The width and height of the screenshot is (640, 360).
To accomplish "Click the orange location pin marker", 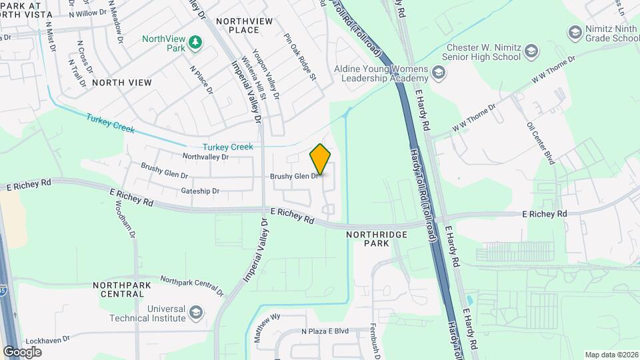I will (x=321, y=159).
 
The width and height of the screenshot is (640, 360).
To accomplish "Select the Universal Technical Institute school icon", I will (x=196, y=312).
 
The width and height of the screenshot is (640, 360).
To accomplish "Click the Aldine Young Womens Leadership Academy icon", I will (x=438, y=72).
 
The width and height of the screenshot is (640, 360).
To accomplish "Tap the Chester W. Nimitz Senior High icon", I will (x=531, y=51).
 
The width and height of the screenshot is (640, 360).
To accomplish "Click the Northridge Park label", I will (x=367, y=239).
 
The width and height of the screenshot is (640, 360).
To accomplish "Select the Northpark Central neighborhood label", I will (x=122, y=289).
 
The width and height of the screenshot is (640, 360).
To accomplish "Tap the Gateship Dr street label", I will (x=200, y=191).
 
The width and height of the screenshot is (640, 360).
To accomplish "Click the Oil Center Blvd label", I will (x=541, y=143).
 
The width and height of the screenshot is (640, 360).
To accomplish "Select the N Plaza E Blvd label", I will (x=325, y=331).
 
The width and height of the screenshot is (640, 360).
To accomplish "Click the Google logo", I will (x=22, y=351).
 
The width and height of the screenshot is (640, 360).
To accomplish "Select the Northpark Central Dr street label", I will (x=192, y=285).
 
